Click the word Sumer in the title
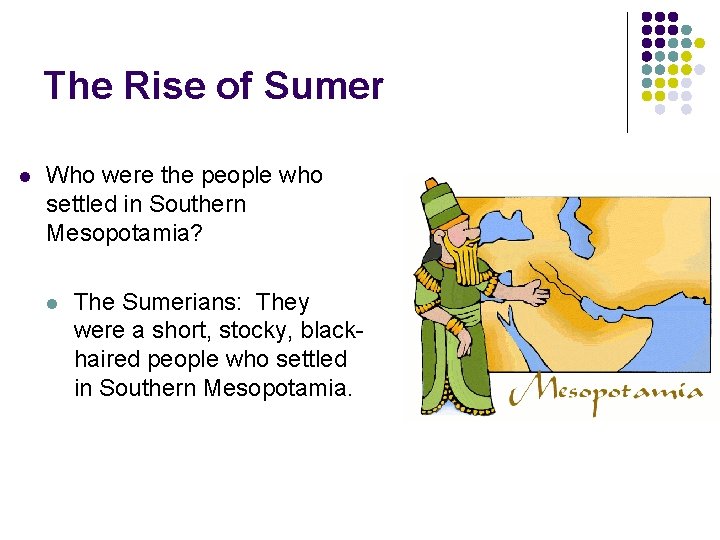coord(323,86)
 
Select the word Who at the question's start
coord(70,176)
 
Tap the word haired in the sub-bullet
coord(106,358)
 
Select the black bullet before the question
coord(25,177)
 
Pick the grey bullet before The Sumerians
coord(53,303)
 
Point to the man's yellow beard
coord(466,263)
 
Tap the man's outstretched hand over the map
coord(531,293)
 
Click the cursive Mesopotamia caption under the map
coord(606,392)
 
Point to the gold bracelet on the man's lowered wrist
coord(455,328)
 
